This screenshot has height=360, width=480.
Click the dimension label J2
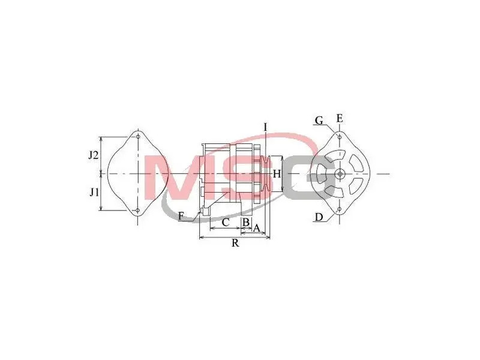click(x=94, y=155)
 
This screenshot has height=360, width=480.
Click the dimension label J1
click(x=94, y=193)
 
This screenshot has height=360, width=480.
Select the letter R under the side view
click(x=235, y=243)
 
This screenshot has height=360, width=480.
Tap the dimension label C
click(x=226, y=223)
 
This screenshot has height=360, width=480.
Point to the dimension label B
click(x=246, y=223)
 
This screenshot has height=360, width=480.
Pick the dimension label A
click(x=256, y=228)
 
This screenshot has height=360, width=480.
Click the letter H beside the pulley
click(x=277, y=174)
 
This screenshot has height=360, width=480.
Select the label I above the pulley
click(x=265, y=127)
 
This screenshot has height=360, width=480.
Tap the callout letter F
click(x=181, y=217)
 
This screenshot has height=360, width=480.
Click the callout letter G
click(x=319, y=121)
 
